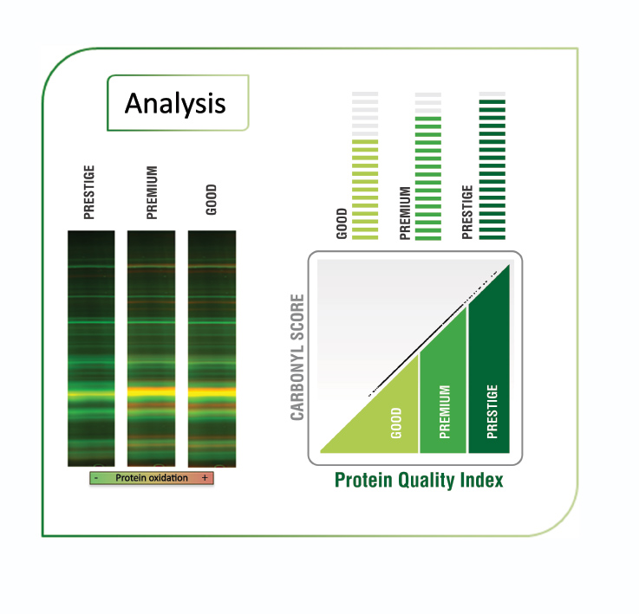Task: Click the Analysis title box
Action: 178,102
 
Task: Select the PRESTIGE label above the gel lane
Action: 88,192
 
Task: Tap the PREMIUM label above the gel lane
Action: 152,192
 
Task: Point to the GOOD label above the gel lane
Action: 211,199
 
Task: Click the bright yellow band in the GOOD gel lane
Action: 212,392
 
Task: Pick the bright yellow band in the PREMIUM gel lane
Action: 151,392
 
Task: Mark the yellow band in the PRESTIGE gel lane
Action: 91,394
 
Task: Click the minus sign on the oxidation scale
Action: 95,478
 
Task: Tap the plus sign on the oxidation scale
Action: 205,477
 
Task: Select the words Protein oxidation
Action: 152,477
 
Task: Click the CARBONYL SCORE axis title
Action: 297,357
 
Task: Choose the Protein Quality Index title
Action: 419,480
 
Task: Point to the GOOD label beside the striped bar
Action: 342,223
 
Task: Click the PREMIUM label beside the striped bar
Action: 405,213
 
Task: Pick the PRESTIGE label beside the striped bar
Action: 467,212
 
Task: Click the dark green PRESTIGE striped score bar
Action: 492,170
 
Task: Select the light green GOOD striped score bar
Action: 365,190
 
